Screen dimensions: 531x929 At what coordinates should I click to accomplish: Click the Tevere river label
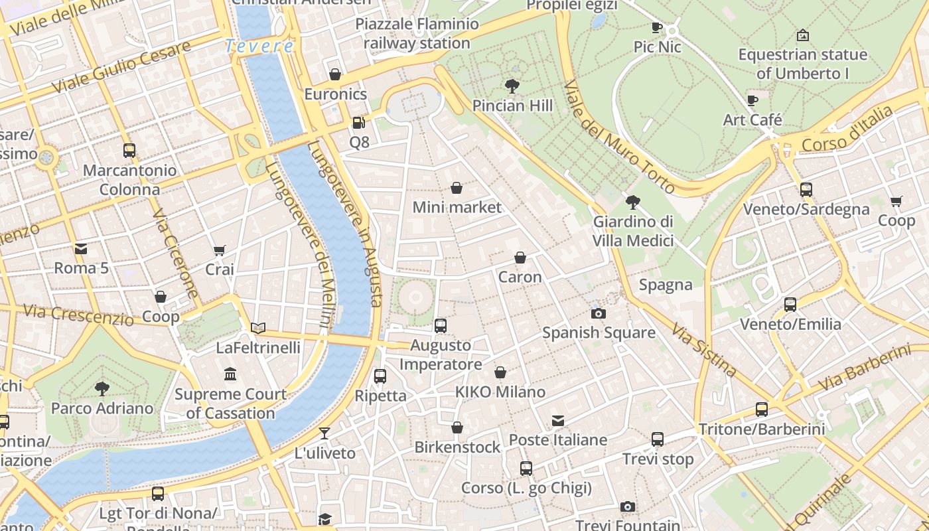pyautogui.click(x=259, y=46)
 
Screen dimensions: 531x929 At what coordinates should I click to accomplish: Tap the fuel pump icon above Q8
pyautogui.click(x=358, y=123)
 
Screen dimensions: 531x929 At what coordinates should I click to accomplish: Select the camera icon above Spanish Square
pyautogui.click(x=599, y=313)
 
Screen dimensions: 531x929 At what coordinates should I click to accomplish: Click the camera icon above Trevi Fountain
pyautogui.click(x=627, y=507)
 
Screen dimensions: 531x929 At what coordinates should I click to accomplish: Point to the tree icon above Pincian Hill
pyautogui.click(x=512, y=86)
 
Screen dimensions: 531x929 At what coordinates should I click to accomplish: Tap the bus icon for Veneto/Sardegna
pyautogui.click(x=806, y=190)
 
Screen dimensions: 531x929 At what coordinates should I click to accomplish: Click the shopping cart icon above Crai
pyautogui.click(x=220, y=250)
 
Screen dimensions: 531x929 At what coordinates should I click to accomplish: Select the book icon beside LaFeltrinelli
pyautogui.click(x=258, y=328)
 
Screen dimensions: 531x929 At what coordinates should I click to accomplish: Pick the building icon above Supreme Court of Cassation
pyautogui.click(x=230, y=374)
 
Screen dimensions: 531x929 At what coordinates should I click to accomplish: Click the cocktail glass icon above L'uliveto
pyautogui.click(x=324, y=434)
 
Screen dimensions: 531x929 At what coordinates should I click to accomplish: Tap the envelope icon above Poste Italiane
pyautogui.click(x=558, y=421)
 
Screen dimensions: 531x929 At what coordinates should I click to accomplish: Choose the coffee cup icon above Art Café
pyautogui.click(x=752, y=101)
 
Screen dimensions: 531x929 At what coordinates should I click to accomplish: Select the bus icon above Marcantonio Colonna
pyautogui.click(x=129, y=151)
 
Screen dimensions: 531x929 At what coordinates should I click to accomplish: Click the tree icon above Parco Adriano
pyautogui.click(x=102, y=388)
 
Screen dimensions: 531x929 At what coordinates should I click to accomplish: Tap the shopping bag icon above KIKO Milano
pyautogui.click(x=500, y=373)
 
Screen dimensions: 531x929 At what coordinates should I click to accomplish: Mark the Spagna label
pyautogui.click(x=666, y=285)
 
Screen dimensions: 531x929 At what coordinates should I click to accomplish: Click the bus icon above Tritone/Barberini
pyautogui.click(x=762, y=410)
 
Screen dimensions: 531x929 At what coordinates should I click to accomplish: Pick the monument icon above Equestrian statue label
pyautogui.click(x=802, y=35)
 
